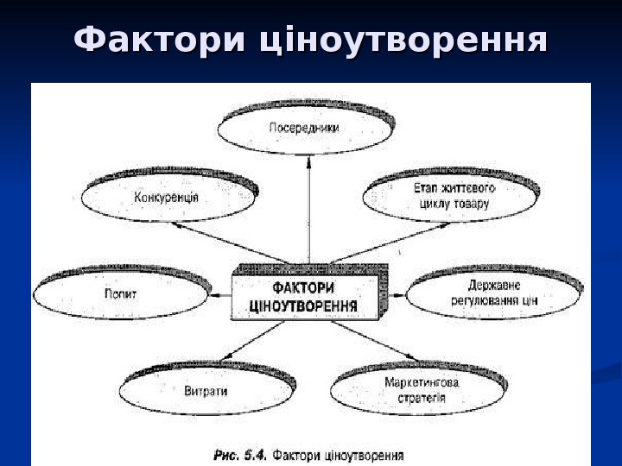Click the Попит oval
121,293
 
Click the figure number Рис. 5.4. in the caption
241,453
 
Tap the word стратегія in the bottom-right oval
422,399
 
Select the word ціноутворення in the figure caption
363,454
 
